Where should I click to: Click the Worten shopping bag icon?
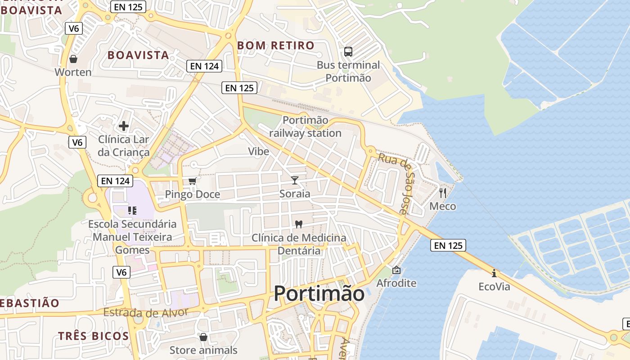click(73, 59)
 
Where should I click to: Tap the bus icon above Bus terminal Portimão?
click(348, 51)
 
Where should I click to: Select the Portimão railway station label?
click(305, 127)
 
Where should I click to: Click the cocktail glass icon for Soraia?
click(295, 180)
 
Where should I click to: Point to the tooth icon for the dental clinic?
click(298, 224)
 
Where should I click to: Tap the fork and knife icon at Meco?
click(443, 193)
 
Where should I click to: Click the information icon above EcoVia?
click(494, 273)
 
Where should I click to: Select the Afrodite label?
click(396, 283)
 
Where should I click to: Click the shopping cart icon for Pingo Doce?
click(193, 181)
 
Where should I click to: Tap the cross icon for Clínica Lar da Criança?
click(124, 126)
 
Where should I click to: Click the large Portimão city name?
click(319, 294)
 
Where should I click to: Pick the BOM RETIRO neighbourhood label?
click(275, 45)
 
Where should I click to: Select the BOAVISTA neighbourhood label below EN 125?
click(138, 55)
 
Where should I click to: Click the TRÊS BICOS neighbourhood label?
click(94, 336)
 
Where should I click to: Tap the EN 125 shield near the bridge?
click(448, 246)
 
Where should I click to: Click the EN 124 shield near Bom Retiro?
click(204, 66)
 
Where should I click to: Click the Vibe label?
click(259, 152)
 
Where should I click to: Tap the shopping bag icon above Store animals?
click(203, 337)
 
